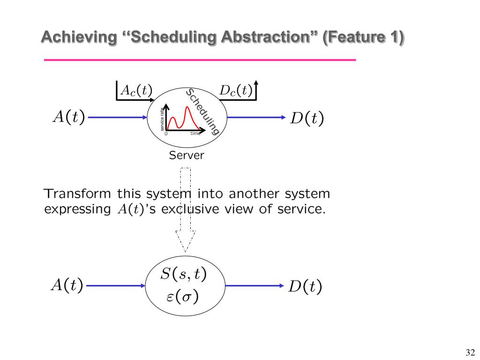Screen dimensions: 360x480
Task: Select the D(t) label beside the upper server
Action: (307, 118)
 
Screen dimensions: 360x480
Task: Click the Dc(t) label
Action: (237, 90)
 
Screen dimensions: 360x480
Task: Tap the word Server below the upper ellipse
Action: (187, 155)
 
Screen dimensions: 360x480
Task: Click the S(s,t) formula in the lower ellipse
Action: (183, 274)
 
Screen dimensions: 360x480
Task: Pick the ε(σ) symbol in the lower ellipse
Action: (182, 297)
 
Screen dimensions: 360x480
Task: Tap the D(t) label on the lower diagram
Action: (305, 286)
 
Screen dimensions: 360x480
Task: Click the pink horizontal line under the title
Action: (200, 60)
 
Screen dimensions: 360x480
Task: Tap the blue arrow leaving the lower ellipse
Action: (255, 285)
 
